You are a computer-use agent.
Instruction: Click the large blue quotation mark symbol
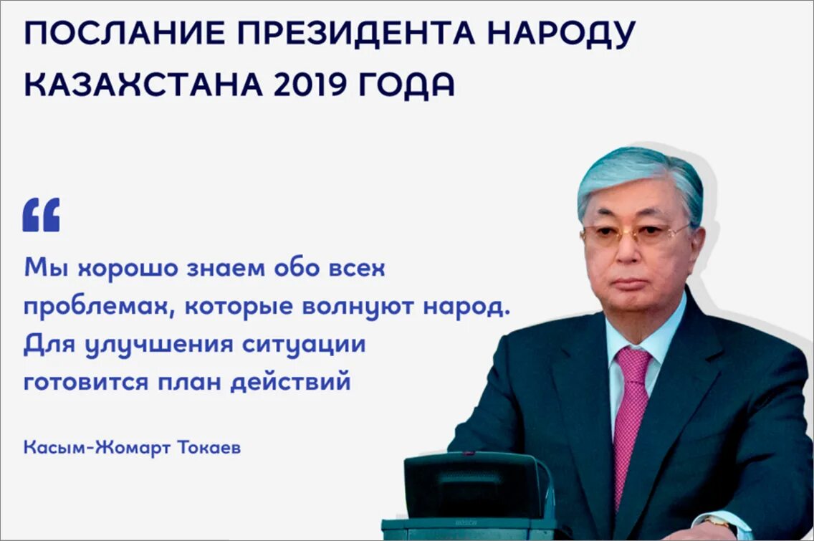41,215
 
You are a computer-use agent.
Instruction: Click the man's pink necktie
631,416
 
